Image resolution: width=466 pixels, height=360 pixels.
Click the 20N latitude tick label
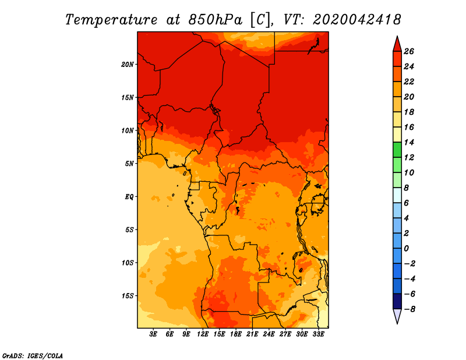coord(127,65)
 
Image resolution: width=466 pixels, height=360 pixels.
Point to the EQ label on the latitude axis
coord(129,197)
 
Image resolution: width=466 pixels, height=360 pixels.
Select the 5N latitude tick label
coord(129,164)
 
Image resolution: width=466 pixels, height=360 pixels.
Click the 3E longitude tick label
coord(153,334)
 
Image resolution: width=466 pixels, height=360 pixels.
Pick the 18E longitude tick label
coord(236,334)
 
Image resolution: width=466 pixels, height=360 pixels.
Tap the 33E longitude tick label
coord(318,334)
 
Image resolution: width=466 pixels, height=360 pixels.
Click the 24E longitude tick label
coord(269,334)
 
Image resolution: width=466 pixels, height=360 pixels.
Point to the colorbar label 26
coord(409,51)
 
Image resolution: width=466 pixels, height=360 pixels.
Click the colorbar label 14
coord(409,142)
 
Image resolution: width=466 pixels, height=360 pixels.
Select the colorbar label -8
coord(409,309)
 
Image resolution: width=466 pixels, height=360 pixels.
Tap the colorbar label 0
coord(407,249)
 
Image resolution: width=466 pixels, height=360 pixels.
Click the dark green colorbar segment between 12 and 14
coord(397,150)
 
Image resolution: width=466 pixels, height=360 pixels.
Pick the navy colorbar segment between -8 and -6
coord(397,301)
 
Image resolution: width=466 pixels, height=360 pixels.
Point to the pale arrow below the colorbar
coord(397,316)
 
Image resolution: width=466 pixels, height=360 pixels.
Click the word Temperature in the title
coord(111,20)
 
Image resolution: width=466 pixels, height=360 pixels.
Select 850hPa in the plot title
coord(216,20)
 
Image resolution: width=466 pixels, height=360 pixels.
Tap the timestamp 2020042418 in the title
coord(357,20)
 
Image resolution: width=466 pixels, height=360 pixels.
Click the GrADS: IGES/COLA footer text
coord(33,355)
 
